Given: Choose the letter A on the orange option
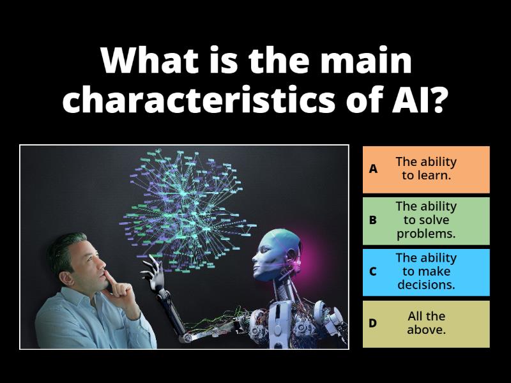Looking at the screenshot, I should [x=373, y=169].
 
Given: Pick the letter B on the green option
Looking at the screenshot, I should [x=373, y=220].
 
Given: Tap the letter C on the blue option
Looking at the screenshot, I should [x=373, y=271].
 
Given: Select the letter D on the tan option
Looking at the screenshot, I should [x=373, y=323].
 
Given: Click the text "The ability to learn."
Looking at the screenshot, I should [x=426, y=169].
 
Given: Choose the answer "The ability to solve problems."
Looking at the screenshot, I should [x=426, y=220].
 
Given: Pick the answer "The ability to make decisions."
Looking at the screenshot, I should [x=426, y=271].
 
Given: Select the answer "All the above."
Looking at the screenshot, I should [x=426, y=323].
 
